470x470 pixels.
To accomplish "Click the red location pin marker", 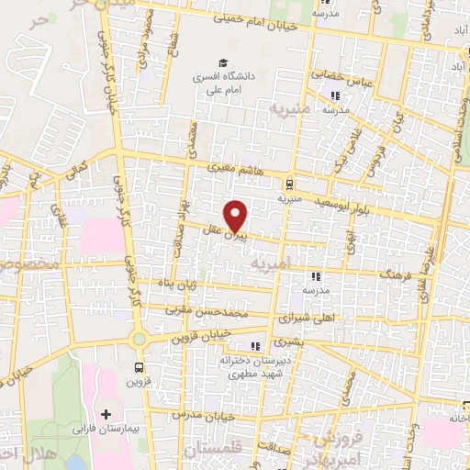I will click(x=236, y=216).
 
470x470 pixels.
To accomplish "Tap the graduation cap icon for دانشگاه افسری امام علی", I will click(x=220, y=62).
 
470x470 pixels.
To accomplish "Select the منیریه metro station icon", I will click(x=290, y=182).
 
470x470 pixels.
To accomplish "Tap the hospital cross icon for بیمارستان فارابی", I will click(x=106, y=416).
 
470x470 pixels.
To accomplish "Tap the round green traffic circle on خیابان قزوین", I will click(x=140, y=338).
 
